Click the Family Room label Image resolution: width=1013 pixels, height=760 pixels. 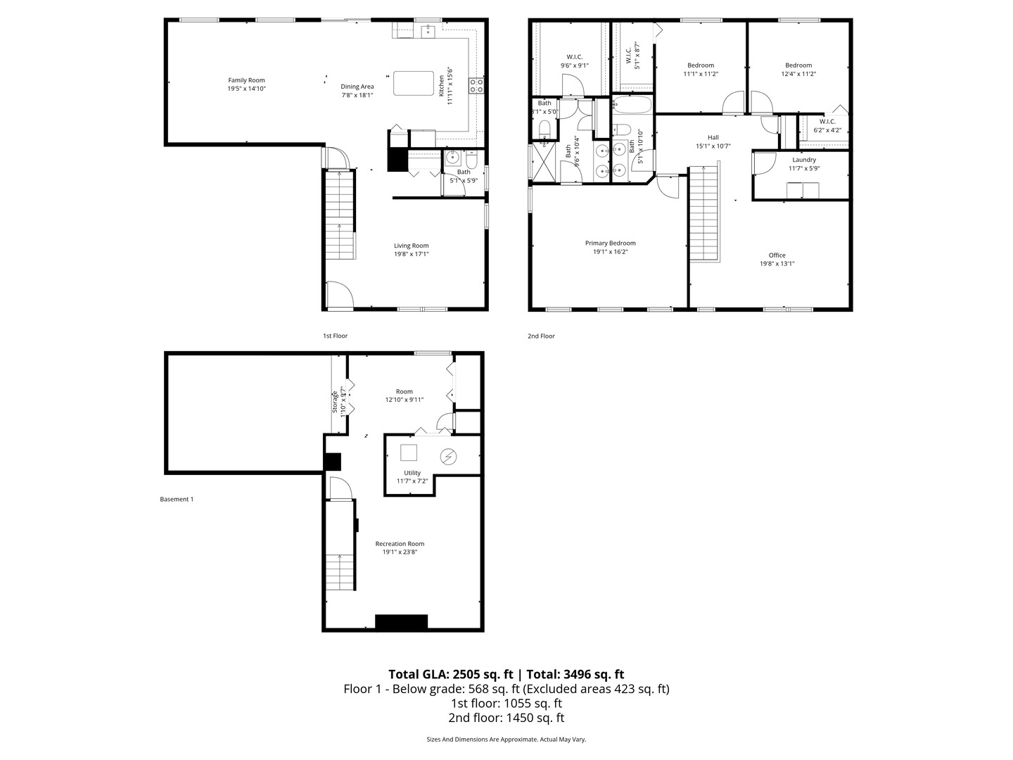point(246,80)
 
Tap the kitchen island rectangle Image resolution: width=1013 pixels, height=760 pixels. point(414,83)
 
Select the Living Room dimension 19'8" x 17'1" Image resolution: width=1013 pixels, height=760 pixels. point(411,255)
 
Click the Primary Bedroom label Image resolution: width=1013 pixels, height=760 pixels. point(610,243)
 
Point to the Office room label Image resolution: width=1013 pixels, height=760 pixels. point(777,255)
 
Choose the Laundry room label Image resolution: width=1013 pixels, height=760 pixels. point(803,160)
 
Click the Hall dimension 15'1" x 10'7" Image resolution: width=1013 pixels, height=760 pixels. point(713,146)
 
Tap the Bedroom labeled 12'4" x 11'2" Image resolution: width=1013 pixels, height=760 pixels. point(798,65)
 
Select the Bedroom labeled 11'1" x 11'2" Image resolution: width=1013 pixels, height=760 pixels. point(700,65)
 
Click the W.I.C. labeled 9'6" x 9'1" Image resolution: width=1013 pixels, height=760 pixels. point(575,57)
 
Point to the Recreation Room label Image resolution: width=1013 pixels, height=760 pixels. point(400,543)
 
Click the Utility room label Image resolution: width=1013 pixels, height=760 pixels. point(412,473)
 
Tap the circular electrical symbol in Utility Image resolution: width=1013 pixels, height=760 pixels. point(448,457)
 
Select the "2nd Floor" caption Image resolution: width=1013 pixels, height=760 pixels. point(541,336)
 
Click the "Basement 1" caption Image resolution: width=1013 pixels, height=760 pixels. point(177,500)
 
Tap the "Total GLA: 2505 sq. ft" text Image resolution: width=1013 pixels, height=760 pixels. point(451,674)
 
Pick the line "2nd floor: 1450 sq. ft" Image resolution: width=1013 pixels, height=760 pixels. point(506,718)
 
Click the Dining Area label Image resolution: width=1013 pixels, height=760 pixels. point(357,87)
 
